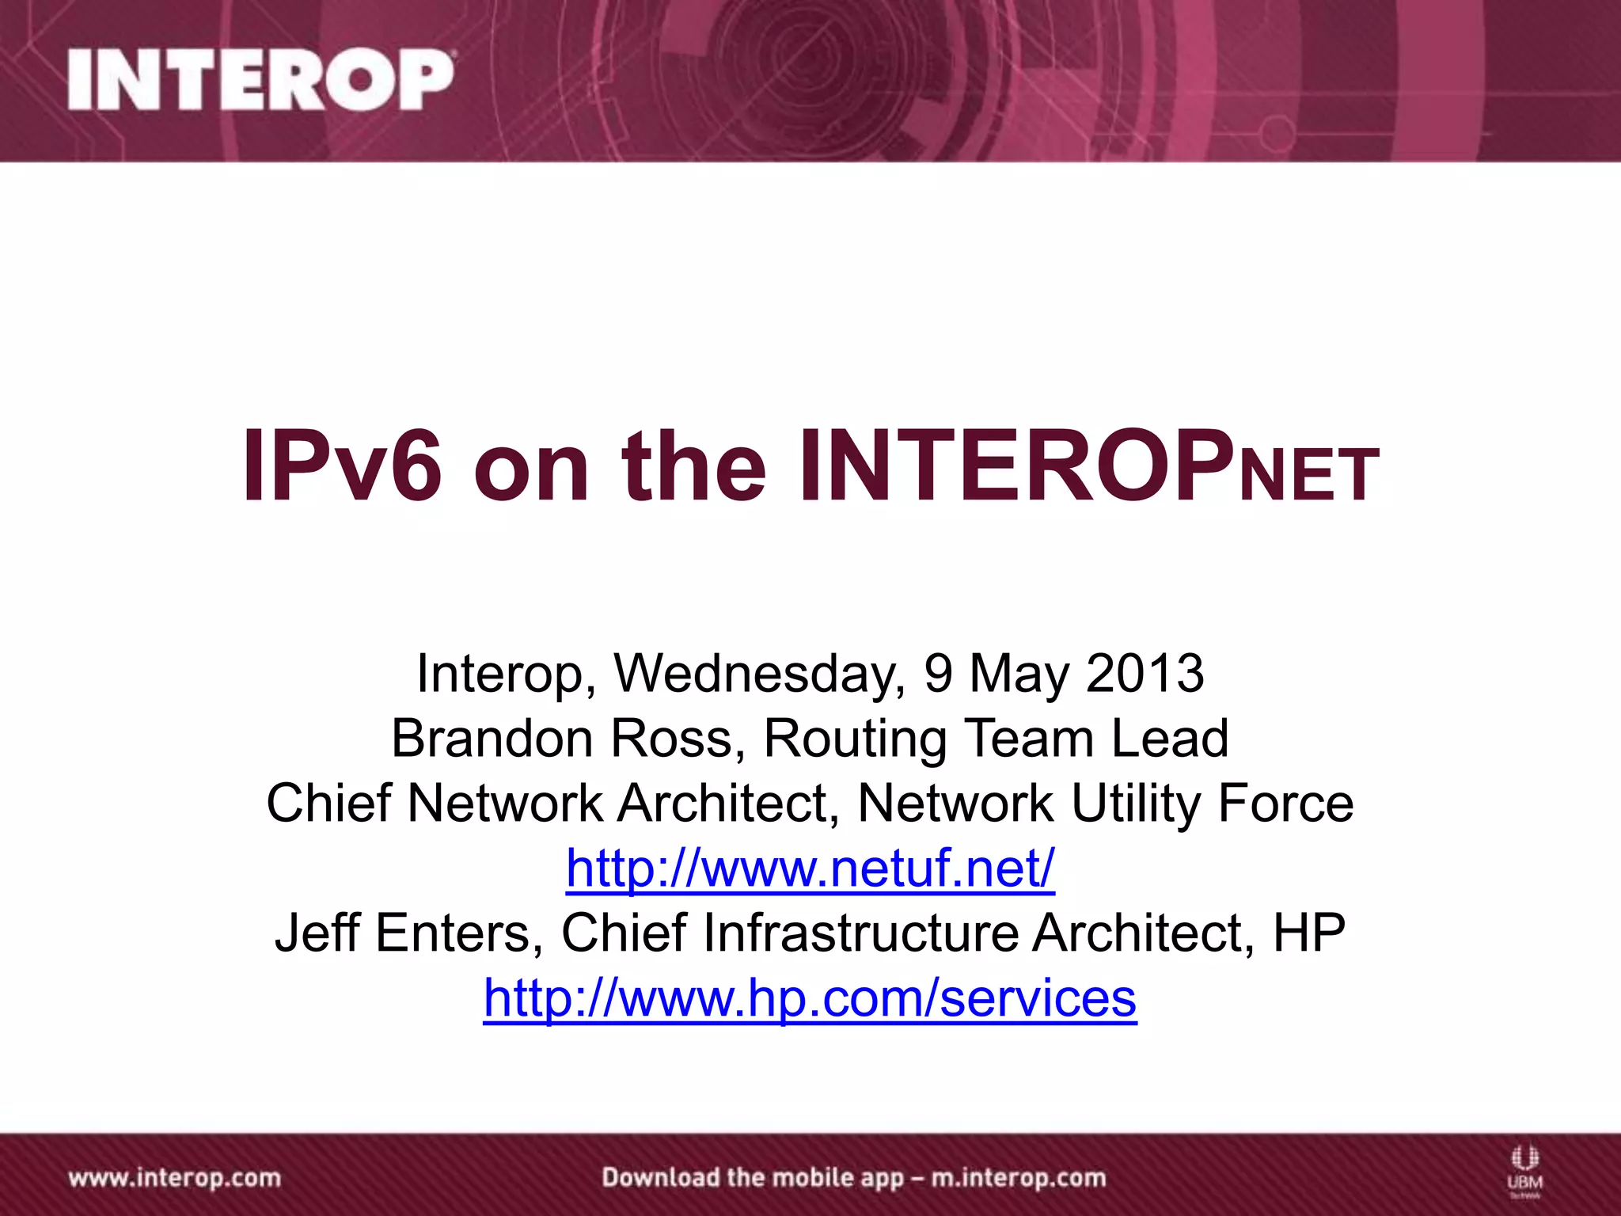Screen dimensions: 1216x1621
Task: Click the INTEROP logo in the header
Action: coord(261,80)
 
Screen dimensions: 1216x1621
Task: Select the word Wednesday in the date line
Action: coord(760,674)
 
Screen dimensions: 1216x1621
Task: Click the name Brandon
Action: coord(492,739)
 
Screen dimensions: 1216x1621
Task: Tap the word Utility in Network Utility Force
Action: coord(1137,804)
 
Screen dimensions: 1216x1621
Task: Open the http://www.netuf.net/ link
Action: coord(810,869)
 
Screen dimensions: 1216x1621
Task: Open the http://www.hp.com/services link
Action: coord(810,998)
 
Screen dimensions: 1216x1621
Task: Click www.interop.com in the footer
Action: coord(175,1178)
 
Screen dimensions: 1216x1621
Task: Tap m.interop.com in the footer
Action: coord(1018,1178)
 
